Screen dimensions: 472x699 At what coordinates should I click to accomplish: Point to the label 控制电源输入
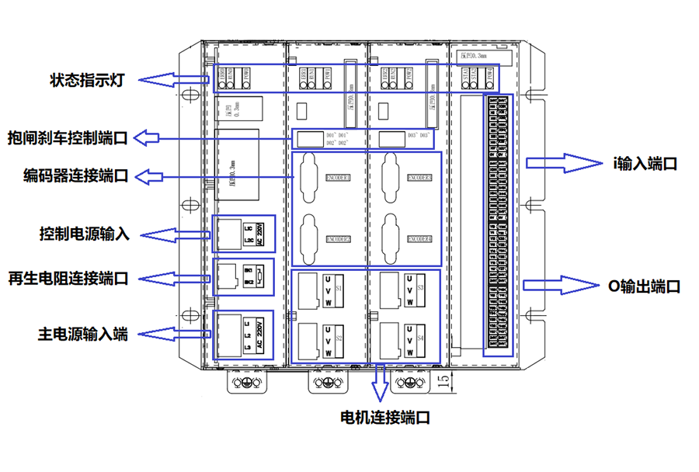click(x=85, y=234)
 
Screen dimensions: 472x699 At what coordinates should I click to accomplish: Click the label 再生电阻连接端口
click(x=67, y=278)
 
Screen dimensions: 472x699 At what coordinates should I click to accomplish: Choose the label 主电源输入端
click(x=83, y=335)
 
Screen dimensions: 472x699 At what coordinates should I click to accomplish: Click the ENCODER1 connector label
click(x=336, y=178)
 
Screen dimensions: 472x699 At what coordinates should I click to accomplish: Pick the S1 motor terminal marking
click(x=338, y=287)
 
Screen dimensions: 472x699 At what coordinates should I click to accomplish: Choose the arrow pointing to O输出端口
click(x=556, y=285)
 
